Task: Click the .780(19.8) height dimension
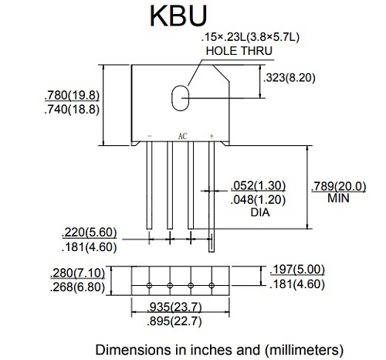74,95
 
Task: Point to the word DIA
260,212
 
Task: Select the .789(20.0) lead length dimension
340,185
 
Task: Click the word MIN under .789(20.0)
339,199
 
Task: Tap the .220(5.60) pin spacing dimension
90,233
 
